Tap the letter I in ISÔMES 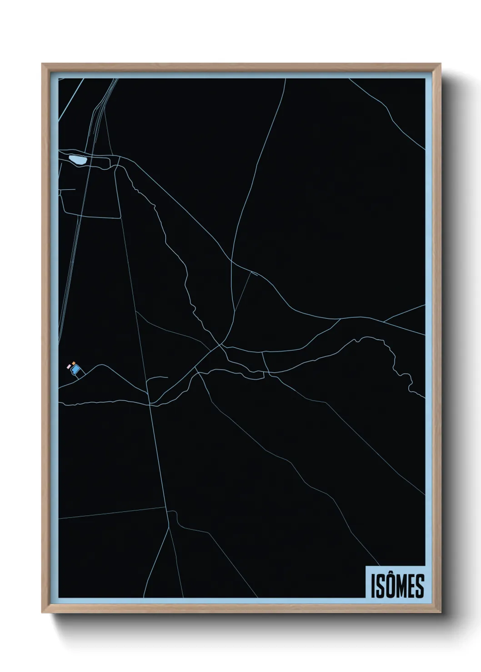tap(373, 587)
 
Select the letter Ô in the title tap(390, 586)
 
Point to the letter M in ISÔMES tap(401, 587)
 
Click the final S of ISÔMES tap(420, 587)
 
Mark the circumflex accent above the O tap(390, 577)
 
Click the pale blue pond tap(76, 160)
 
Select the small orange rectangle tap(73, 363)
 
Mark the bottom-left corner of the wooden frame tap(44, 612)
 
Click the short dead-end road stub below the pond tap(68, 189)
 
